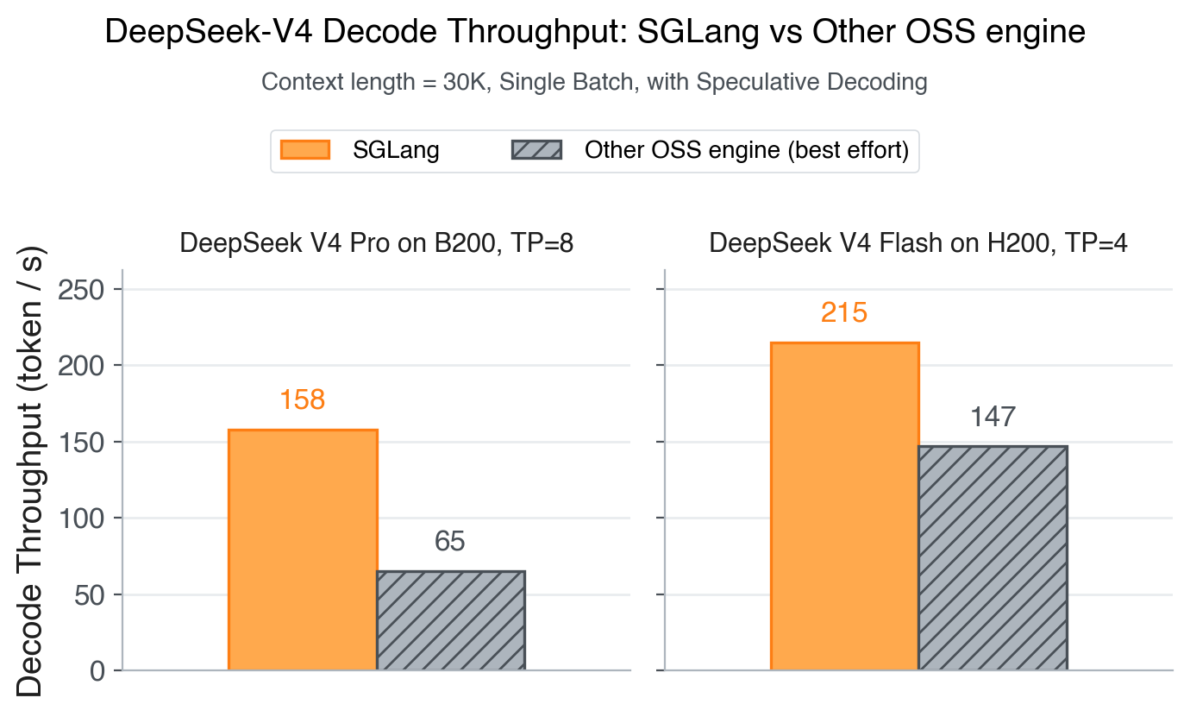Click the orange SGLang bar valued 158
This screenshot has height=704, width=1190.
[x=302, y=550]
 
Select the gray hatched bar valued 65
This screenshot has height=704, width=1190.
[x=450, y=620]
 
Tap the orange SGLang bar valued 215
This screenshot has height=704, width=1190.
[x=844, y=506]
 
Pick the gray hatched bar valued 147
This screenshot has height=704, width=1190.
[x=993, y=557]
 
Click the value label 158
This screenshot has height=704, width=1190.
[x=302, y=400]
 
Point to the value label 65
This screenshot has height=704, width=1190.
[x=450, y=542]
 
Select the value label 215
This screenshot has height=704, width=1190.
[x=844, y=312]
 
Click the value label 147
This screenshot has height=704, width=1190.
[x=993, y=418]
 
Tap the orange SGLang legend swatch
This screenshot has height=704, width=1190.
[x=305, y=150]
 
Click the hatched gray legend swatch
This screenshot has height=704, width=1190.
[x=536, y=150]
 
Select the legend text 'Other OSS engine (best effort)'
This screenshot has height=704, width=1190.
[x=747, y=151]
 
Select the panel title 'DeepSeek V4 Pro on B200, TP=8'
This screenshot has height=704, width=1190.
[x=377, y=244]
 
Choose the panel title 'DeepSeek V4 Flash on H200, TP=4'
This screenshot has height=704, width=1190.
[x=918, y=244]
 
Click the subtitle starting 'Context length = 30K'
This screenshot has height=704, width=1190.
[x=594, y=83]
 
